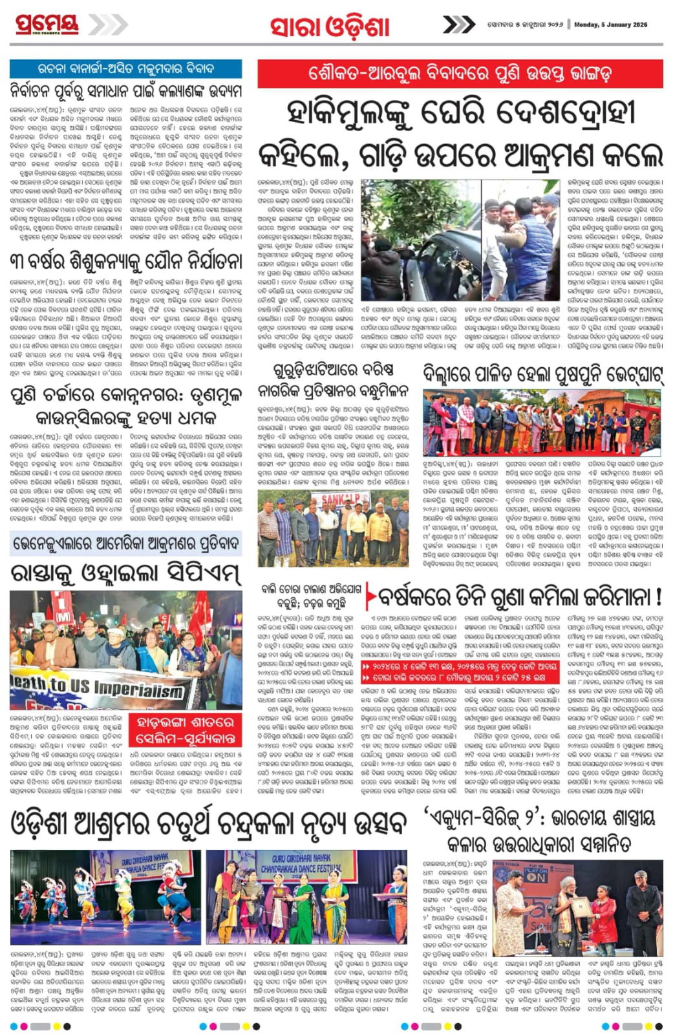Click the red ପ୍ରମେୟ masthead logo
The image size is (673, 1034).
coord(47,24)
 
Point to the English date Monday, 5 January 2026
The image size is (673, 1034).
coord(610,25)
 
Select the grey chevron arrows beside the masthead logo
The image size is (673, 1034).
coord(107,25)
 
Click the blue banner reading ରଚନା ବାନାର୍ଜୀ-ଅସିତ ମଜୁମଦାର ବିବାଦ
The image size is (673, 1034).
coord(125,69)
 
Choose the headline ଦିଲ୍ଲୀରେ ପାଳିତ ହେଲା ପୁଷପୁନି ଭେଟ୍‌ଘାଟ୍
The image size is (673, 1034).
coord(543,375)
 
